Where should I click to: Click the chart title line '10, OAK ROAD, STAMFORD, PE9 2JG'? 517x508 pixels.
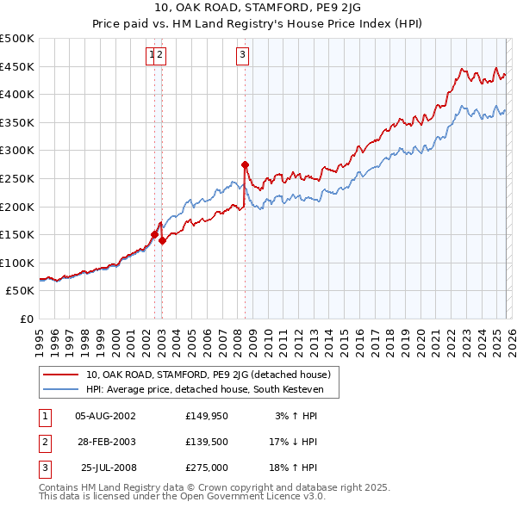click(x=258, y=8)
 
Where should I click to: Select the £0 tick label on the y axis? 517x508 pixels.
click(x=27, y=319)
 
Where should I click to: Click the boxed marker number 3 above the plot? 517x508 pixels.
click(x=243, y=55)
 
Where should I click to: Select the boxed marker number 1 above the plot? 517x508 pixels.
click(x=153, y=55)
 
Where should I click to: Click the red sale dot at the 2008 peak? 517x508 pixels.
click(x=246, y=164)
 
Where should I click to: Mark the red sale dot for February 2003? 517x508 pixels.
click(x=162, y=241)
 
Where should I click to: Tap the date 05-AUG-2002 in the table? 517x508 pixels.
click(x=106, y=416)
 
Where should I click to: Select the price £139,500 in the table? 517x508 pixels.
click(x=207, y=442)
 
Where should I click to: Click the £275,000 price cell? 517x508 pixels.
click(x=207, y=468)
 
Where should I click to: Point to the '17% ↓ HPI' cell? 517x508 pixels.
click(x=294, y=442)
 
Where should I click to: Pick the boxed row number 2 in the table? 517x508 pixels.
click(x=44, y=442)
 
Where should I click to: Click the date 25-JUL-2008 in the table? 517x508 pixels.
click(x=106, y=468)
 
